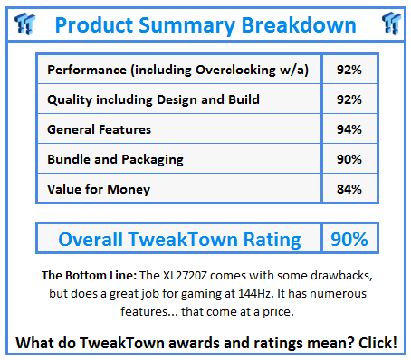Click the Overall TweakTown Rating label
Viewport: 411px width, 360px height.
179,239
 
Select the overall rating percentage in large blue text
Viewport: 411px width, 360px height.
349,239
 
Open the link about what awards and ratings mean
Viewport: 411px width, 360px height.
205,344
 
